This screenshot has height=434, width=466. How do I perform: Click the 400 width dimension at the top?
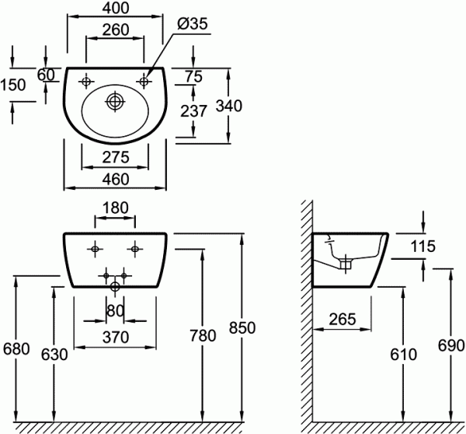click(x=116, y=8)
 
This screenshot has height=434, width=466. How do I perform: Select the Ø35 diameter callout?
click(x=193, y=23)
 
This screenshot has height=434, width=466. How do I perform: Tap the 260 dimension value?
click(x=116, y=30)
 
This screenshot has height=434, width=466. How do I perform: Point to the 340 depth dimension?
click(x=229, y=106)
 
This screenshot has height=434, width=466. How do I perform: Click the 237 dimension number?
click(x=193, y=111)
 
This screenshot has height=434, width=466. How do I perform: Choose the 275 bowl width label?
click(x=116, y=157)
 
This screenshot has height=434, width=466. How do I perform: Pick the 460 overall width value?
click(x=116, y=179)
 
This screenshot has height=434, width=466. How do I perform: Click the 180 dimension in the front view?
click(x=116, y=208)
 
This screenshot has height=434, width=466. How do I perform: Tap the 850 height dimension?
click(x=242, y=327)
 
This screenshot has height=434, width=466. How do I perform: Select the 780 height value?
click(x=203, y=335)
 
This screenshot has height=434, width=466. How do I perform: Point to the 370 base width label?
click(x=116, y=338)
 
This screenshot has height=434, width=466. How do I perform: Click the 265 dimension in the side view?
click(x=342, y=319)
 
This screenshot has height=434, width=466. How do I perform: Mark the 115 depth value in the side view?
click(x=423, y=247)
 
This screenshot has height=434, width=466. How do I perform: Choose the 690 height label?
click(x=450, y=345)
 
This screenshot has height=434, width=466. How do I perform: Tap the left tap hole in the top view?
click(x=86, y=81)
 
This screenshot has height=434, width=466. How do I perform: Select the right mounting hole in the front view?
click(x=134, y=249)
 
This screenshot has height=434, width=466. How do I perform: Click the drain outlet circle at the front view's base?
click(x=115, y=287)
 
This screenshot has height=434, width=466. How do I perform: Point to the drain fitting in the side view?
click(x=346, y=264)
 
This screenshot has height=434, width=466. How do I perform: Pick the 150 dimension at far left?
click(x=13, y=85)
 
